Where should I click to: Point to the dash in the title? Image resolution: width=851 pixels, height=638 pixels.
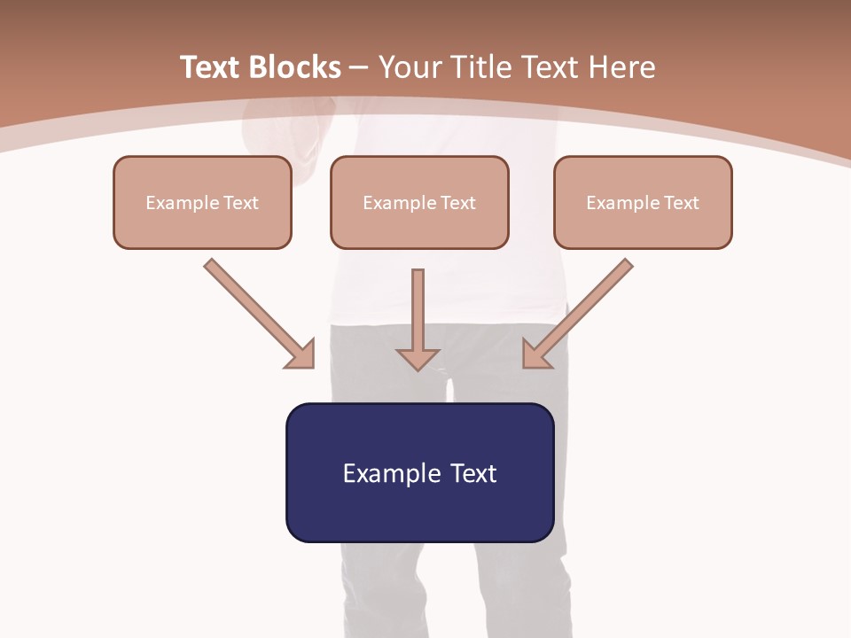[360, 68]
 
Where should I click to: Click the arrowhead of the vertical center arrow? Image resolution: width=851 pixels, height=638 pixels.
[418, 359]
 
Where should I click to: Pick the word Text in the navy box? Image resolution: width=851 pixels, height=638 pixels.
[473, 473]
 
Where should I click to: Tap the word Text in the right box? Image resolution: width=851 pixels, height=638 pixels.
[682, 203]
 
